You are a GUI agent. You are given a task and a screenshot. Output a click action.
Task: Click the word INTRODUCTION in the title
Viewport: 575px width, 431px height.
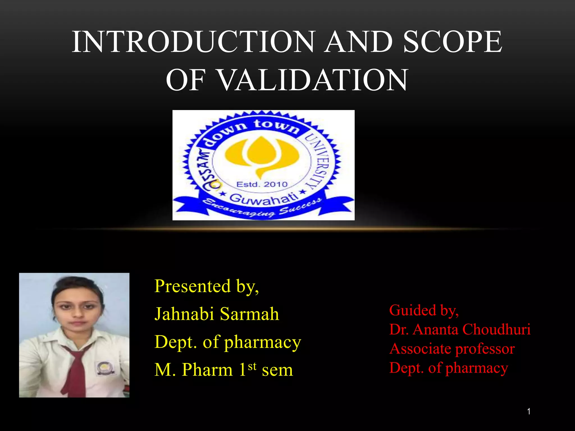pos(193,42)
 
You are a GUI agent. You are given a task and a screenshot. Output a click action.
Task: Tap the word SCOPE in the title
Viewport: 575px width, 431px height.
pos(453,42)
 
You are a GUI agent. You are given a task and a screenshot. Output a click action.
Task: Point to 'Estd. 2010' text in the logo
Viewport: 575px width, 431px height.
pos(262,184)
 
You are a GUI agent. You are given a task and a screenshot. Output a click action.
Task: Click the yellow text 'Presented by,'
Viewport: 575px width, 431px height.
pos(207,286)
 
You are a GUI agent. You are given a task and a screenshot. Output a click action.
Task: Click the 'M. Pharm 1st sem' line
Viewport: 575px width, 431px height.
pos(223,370)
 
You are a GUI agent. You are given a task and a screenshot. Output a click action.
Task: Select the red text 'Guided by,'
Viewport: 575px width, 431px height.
pos(424,310)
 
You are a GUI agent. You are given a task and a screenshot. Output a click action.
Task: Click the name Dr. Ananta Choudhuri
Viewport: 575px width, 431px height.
pos(460,329)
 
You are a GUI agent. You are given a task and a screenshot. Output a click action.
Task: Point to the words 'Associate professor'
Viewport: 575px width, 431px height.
pos(452,349)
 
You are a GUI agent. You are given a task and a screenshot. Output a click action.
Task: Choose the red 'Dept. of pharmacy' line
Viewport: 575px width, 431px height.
pos(448,368)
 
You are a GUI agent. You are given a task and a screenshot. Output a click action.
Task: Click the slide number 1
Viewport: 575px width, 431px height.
pos(529,412)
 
